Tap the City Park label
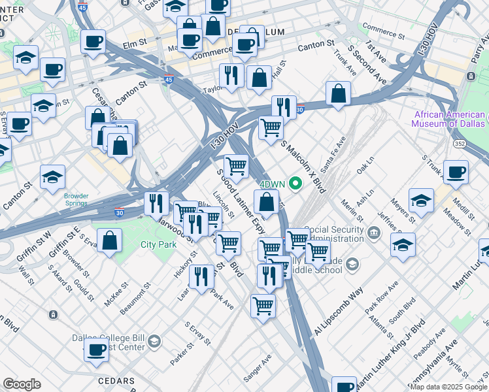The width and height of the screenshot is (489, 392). point(158,245)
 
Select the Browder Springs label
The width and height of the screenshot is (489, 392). point(76,199)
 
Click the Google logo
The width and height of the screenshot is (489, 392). point(22,384)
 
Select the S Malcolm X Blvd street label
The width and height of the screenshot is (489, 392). point(303,167)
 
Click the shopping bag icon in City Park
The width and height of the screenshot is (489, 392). point(111,240)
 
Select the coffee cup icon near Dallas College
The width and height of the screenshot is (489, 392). point(96,350)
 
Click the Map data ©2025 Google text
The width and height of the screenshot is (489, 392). point(448,387)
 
